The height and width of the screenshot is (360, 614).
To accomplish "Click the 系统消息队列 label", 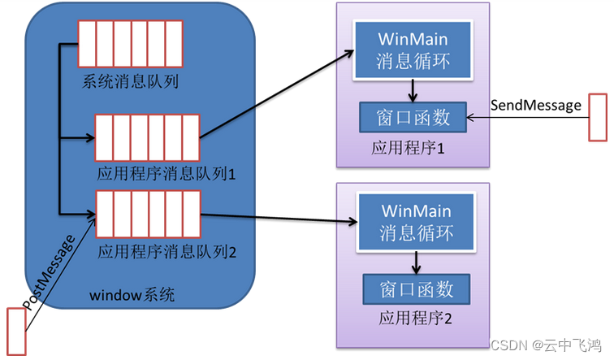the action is pyautogui.click(x=130, y=81).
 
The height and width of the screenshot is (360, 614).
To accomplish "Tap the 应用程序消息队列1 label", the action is pyautogui.click(x=166, y=174).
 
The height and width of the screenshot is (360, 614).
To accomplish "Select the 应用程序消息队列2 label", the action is pyautogui.click(x=166, y=252).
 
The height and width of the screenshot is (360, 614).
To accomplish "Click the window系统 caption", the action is pyautogui.click(x=132, y=295).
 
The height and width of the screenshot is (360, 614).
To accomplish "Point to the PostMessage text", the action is pyautogui.click(x=48, y=272).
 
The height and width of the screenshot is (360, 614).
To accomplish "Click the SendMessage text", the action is pyautogui.click(x=536, y=105).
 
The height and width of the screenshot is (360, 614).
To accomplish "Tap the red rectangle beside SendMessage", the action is pyautogui.click(x=598, y=117).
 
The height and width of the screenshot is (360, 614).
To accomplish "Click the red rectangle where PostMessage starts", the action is pyautogui.click(x=16, y=332).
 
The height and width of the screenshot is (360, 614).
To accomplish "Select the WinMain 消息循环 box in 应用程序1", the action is pyautogui.click(x=413, y=50).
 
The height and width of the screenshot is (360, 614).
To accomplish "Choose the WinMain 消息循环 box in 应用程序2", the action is pyautogui.click(x=416, y=222).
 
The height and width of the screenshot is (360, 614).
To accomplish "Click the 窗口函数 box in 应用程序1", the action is pyautogui.click(x=413, y=117).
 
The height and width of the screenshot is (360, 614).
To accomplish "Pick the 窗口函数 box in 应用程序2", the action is pyautogui.click(x=417, y=289).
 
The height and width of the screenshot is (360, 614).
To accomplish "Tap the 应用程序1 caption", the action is pyautogui.click(x=408, y=148).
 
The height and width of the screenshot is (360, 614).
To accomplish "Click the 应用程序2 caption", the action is pyautogui.click(x=415, y=318).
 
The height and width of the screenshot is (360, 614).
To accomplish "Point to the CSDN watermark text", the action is pyautogui.click(x=546, y=345).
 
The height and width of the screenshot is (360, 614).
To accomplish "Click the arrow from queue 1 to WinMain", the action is pyautogui.click(x=277, y=94).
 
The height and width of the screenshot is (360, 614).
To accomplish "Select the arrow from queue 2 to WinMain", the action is pyautogui.click(x=279, y=218).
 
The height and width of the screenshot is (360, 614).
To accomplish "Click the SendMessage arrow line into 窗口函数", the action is pyautogui.click(x=528, y=117).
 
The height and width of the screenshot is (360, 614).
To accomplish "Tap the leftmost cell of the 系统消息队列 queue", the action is pyautogui.click(x=87, y=44).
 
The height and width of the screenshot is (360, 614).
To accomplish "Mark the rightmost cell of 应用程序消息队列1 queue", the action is pyautogui.click(x=191, y=138).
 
